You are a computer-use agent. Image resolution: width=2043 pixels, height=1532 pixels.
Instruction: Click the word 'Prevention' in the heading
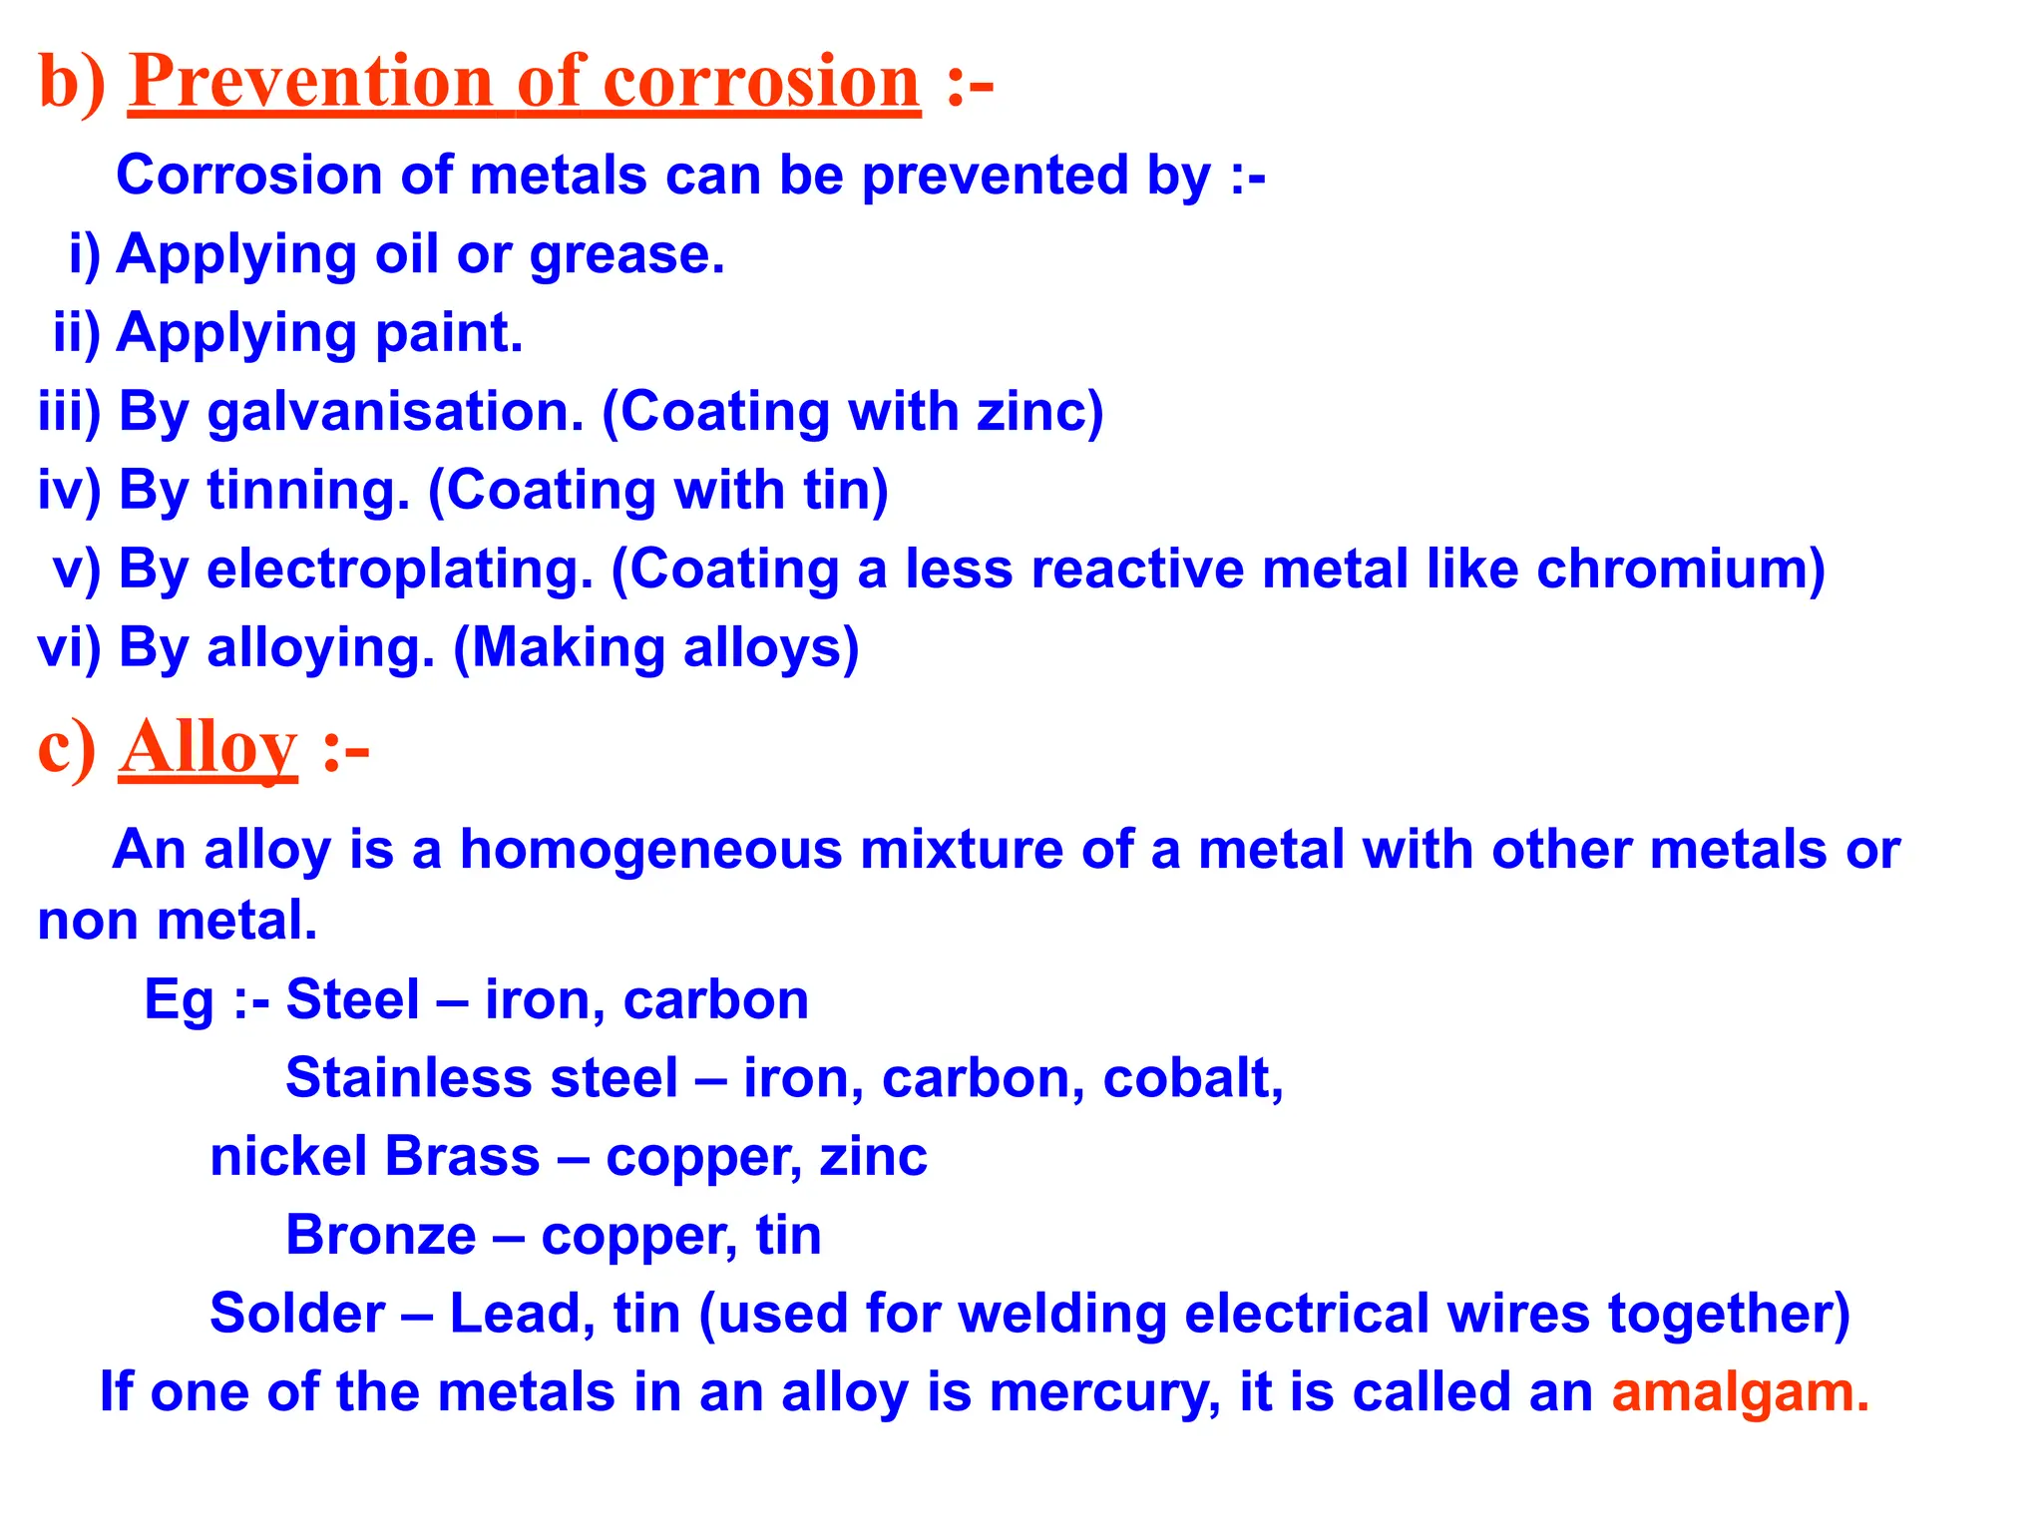point(311,82)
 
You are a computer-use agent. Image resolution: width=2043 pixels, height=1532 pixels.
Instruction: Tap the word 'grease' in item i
point(621,255)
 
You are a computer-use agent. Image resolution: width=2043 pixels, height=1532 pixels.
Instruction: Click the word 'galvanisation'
point(394,413)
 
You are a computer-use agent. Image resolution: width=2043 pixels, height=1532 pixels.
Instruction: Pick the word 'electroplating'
point(399,571)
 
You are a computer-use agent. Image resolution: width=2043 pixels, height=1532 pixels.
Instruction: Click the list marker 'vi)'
point(69,648)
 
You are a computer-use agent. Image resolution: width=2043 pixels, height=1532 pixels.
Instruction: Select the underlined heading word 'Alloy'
point(207,748)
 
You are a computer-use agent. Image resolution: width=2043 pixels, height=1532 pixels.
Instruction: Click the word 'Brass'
point(462,1157)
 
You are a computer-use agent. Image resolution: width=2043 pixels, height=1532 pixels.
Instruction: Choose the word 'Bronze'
point(380,1236)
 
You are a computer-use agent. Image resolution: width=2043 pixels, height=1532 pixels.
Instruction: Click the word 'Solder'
point(296,1314)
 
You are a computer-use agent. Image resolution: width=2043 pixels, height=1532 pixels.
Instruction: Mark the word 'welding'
point(1061,1314)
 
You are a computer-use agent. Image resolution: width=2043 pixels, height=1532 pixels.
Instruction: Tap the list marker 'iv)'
point(69,491)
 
